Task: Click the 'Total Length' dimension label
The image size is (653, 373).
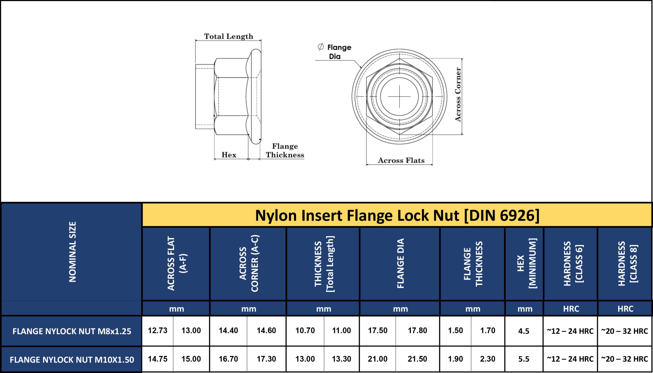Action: point(228,36)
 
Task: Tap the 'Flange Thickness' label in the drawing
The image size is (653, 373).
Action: point(285,151)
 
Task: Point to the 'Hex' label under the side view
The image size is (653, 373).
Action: point(229,155)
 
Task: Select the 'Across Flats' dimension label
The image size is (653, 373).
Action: point(401,160)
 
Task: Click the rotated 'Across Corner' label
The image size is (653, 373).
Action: point(458,94)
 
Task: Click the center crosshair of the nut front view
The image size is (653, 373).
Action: point(399,97)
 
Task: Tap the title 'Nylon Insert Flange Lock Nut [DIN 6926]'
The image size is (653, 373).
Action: point(397,216)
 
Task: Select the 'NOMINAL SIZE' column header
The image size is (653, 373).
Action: point(73,252)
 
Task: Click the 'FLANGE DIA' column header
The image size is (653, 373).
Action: point(400,263)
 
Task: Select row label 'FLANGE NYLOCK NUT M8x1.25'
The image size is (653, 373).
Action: point(72,331)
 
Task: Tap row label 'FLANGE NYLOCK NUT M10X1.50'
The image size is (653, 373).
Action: point(72,360)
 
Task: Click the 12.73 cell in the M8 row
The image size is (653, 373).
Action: point(157,330)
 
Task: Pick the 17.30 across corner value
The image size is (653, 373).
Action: point(266,359)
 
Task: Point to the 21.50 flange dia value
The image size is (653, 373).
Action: point(417,359)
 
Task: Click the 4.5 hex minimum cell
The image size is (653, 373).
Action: point(523,331)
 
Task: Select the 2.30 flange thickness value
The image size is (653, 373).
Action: point(487,359)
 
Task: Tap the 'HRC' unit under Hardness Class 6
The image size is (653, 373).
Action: point(571,309)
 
